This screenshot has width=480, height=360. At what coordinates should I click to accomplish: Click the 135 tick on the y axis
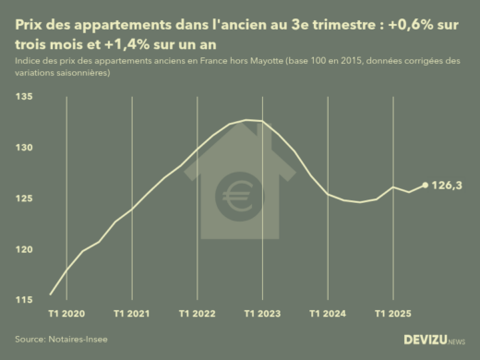(x=22, y=96)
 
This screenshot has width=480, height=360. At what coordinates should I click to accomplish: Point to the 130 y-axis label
(x=22, y=148)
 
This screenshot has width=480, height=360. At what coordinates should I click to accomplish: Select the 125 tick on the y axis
(x=22, y=198)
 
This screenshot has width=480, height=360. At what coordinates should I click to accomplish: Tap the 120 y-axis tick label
(x=22, y=249)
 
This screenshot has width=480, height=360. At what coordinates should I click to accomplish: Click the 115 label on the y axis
(x=22, y=300)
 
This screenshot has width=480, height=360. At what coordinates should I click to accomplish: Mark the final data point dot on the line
(x=426, y=185)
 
